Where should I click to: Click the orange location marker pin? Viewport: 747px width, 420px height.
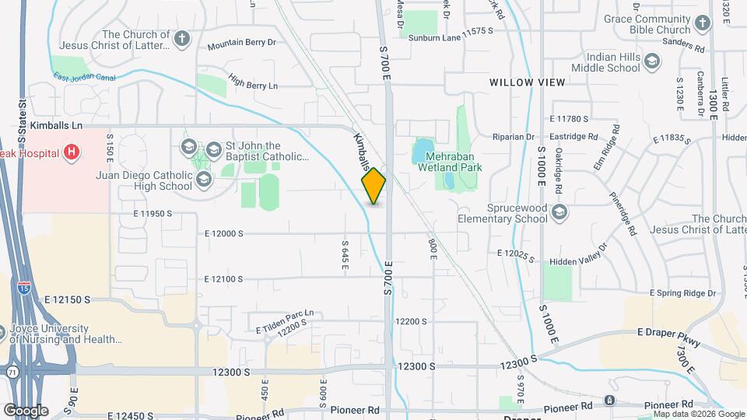tap(374, 186)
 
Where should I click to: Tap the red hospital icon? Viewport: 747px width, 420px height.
tap(72, 151)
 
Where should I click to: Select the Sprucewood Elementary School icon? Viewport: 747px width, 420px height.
tap(559, 213)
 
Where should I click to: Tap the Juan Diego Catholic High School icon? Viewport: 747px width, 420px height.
tap(203, 180)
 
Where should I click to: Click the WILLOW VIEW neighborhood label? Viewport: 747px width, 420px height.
tap(523, 82)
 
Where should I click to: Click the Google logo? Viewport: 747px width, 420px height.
tap(26, 410)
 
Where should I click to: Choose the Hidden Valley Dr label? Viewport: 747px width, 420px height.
tap(577, 262)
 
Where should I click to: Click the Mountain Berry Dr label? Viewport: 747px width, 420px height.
tap(241, 44)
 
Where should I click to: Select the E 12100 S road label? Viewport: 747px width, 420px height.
tap(224, 278)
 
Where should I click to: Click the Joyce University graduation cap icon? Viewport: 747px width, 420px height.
tap(2, 331)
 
